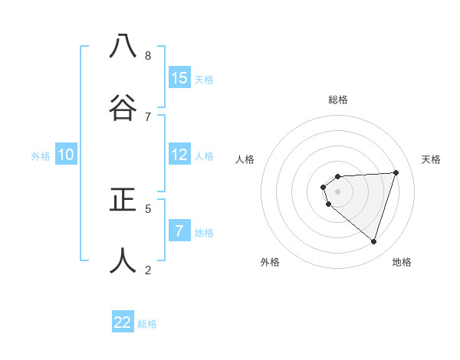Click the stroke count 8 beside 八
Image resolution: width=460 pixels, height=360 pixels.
148,55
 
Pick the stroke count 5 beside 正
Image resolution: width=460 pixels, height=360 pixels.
148,208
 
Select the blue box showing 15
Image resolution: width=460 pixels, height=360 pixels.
179,77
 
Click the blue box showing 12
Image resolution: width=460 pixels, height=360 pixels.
179,154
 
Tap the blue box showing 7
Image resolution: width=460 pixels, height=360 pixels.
179,230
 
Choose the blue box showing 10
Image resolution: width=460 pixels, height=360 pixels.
66,154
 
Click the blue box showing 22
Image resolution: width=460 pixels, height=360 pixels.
123,322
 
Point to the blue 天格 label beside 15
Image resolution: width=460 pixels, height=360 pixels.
204,79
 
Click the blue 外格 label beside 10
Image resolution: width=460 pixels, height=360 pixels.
41,155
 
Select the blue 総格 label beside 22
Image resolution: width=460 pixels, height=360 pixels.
147,324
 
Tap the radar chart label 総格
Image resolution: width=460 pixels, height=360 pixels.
337,100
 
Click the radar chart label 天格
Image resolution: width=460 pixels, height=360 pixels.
432,159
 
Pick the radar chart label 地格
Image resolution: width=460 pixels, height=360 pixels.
402,262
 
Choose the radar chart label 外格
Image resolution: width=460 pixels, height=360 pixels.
270,262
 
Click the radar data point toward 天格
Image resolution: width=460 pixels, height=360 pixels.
396,172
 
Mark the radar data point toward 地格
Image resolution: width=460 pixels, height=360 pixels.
373,241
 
